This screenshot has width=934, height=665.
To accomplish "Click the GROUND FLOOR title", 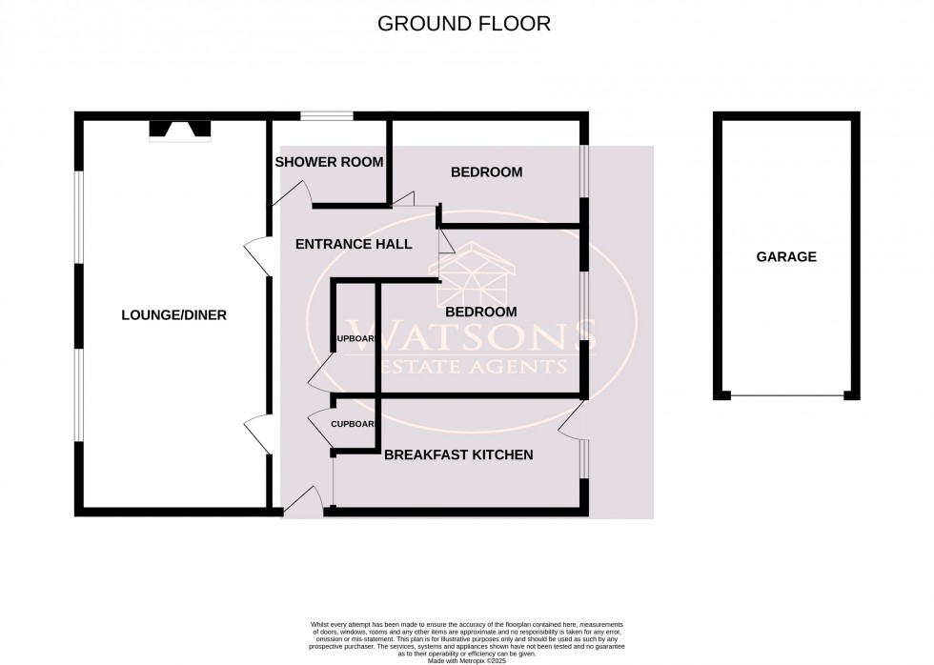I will [464, 24].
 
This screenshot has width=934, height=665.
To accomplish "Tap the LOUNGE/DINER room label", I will [173, 314].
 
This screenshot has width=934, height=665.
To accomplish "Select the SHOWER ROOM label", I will [329, 162].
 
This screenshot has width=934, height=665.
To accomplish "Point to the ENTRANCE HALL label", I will [354, 244].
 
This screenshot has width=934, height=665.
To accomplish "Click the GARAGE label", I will [786, 256].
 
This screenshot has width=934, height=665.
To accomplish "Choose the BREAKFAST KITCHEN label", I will [457, 455].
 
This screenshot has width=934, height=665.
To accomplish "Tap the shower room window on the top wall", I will [327, 117].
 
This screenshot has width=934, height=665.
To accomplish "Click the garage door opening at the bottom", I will [786, 395].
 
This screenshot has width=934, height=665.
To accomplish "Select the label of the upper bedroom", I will [486, 172].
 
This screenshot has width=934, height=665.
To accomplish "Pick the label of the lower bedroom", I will [481, 312].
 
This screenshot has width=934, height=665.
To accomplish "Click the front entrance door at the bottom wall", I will [304, 500].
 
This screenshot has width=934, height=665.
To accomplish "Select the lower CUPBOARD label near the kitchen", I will [352, 424].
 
